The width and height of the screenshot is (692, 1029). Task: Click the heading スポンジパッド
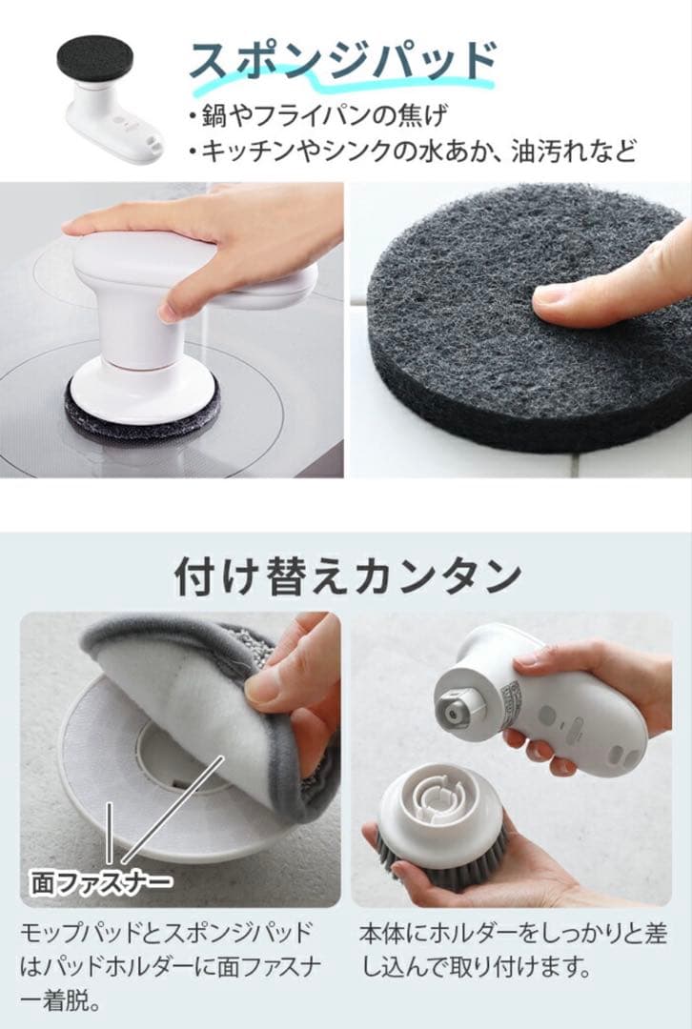point(342,62)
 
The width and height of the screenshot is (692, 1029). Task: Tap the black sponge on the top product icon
point(94,59)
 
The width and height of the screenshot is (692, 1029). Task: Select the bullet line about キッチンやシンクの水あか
point(412,151)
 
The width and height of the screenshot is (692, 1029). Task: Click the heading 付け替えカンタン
point(347,576)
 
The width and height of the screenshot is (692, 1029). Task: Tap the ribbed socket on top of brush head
point(439,798)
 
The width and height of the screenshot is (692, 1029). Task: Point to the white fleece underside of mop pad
point(191,709)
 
